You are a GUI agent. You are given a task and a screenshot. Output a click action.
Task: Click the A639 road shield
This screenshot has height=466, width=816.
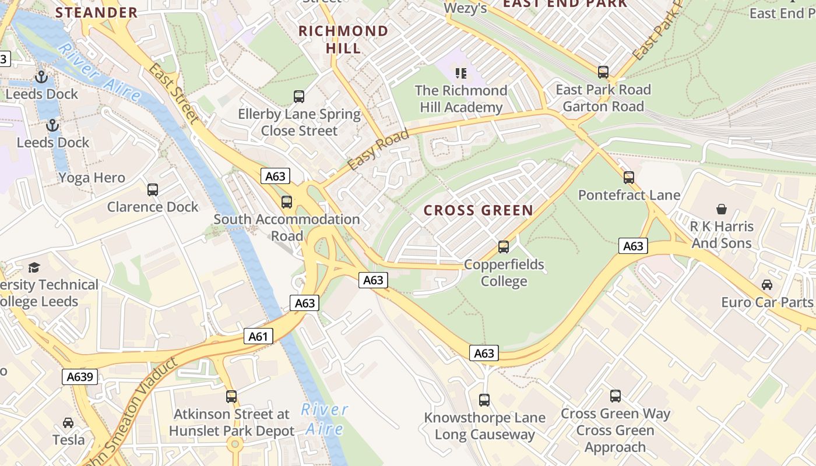pyautogui.click(x=80, y=377)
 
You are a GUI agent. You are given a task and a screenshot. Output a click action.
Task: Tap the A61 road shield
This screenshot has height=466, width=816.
pyautogui.click(x=258, y=336)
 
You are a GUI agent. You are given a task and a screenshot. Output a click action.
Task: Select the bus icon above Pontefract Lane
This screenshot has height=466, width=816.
pyautogui.click(x=628, y=177)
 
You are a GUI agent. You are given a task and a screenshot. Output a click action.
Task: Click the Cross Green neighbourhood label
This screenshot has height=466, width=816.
pyautogui.click(x=478, y=210)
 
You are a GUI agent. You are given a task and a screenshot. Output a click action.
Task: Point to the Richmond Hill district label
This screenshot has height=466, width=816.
pyautogui.click(x=343, y=39)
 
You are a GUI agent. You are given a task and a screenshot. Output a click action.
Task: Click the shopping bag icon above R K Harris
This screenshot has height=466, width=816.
pyautogui.click(x=722, y=209)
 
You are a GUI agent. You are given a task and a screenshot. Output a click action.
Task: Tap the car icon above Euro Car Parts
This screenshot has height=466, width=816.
pyautogui.click(x=767, y=285)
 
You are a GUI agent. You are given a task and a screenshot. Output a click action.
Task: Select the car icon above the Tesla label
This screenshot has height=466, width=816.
pyautogui.click(x=68, y=422)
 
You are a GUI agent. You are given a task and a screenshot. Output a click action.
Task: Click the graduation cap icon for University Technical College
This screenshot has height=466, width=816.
pyautogui.click(x=34, y=267)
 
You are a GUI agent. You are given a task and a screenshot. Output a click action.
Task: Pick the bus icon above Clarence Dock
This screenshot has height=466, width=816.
pyautogui.click(x=153, y=189)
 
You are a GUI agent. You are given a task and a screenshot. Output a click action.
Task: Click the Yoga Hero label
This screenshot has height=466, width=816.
pyautogui.click(x=92, y=178)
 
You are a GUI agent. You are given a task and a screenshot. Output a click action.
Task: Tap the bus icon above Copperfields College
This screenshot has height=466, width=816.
pyautogui.click(x=504, y=247)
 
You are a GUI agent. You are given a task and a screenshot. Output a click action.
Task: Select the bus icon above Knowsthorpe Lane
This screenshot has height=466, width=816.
pyautogui.click(x=484, y=400)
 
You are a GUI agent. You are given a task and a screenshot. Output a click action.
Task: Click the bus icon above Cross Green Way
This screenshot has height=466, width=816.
pyautogui.click(x=615, y=396)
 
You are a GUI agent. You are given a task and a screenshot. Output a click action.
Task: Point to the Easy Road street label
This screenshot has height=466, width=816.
pyautogui.click(x=378, y=150)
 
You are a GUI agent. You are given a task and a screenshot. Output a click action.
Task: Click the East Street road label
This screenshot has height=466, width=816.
pyautogui.click(x=174, y=93)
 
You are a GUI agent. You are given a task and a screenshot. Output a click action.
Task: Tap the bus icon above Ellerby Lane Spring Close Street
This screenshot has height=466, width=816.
pyautogui.click(x=299, y=96)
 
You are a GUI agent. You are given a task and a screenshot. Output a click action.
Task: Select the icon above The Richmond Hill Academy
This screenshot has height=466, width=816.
pyautogui.click(x=461, y=73)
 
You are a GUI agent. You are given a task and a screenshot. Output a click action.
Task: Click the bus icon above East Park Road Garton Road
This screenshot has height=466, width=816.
pyautogui.click(x=603, y=72)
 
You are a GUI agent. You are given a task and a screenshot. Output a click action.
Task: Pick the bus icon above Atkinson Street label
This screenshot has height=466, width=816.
pyautogui.click(x=231, y=397)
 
